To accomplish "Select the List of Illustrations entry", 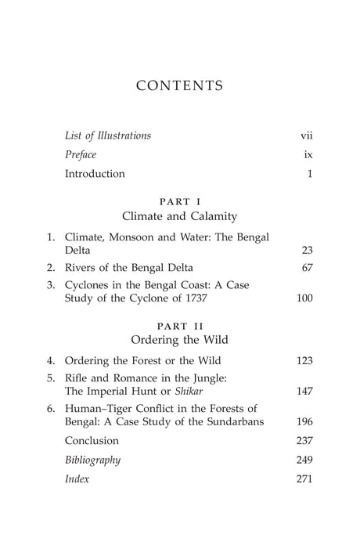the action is click(x=108, y=135).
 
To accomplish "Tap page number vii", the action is click(x=307, y=135).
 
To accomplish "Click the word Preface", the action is click(x=81, y=155).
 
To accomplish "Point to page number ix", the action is click(x=308, y=155).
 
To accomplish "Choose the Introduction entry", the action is click(x=95, y=174).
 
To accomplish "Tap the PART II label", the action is click(x=180, y=327).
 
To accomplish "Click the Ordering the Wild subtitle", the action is click(x=180, y=341).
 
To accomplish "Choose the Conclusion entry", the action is click(x=92, y=441).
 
